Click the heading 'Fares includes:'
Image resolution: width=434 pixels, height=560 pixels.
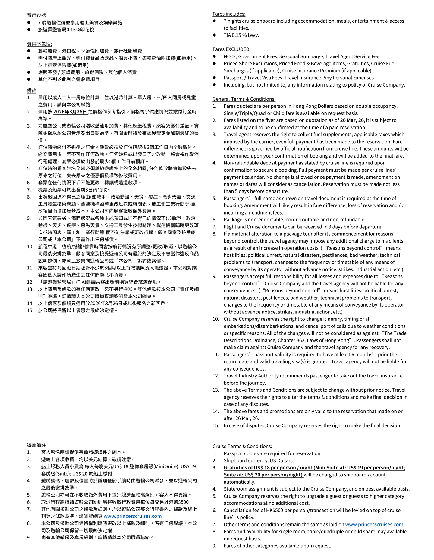pos(229,14)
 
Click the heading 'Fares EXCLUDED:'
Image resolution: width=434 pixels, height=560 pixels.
pos(231,49)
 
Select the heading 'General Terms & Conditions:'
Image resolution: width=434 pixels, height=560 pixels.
pos(244,99)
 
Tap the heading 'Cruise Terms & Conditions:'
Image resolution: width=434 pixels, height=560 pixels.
pos(242,446)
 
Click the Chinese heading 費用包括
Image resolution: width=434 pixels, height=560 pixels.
pos(36,15)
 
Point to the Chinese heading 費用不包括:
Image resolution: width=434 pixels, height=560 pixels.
pos(39,44)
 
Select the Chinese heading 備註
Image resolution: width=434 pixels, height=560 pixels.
pos(32,91)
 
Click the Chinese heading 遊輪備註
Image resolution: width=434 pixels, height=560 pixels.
pos(36,445)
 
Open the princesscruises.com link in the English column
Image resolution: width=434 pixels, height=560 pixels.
pos(374,524)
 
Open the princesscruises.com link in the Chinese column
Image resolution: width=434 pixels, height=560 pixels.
pos(133,516)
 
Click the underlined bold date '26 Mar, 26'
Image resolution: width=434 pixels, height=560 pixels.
pos(352,120)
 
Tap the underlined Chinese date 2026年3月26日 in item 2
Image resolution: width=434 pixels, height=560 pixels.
pos(70,112)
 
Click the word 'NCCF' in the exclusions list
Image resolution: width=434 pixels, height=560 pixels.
pos(230,56)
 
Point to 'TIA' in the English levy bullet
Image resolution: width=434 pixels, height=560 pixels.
pos(227,35)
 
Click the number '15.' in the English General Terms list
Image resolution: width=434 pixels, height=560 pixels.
pos(215,425)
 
